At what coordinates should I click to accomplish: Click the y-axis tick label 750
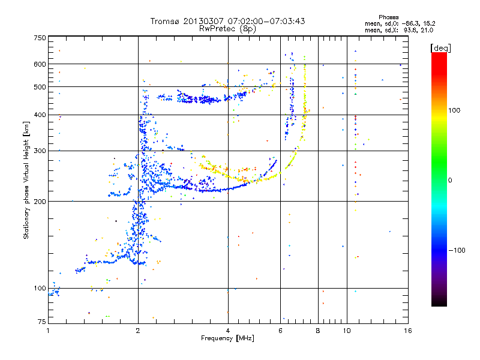coord(40,37)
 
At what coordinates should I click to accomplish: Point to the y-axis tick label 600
coord(40,64)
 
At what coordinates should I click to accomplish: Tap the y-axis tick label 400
coord(40,115)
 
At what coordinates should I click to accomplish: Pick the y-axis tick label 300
coord(40,151)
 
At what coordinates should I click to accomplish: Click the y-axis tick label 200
coord(40,201)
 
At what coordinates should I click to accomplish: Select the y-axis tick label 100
coord(40,288)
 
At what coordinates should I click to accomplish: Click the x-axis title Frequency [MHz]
coord(227,338)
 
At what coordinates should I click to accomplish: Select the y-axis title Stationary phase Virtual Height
coord(26,180)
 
